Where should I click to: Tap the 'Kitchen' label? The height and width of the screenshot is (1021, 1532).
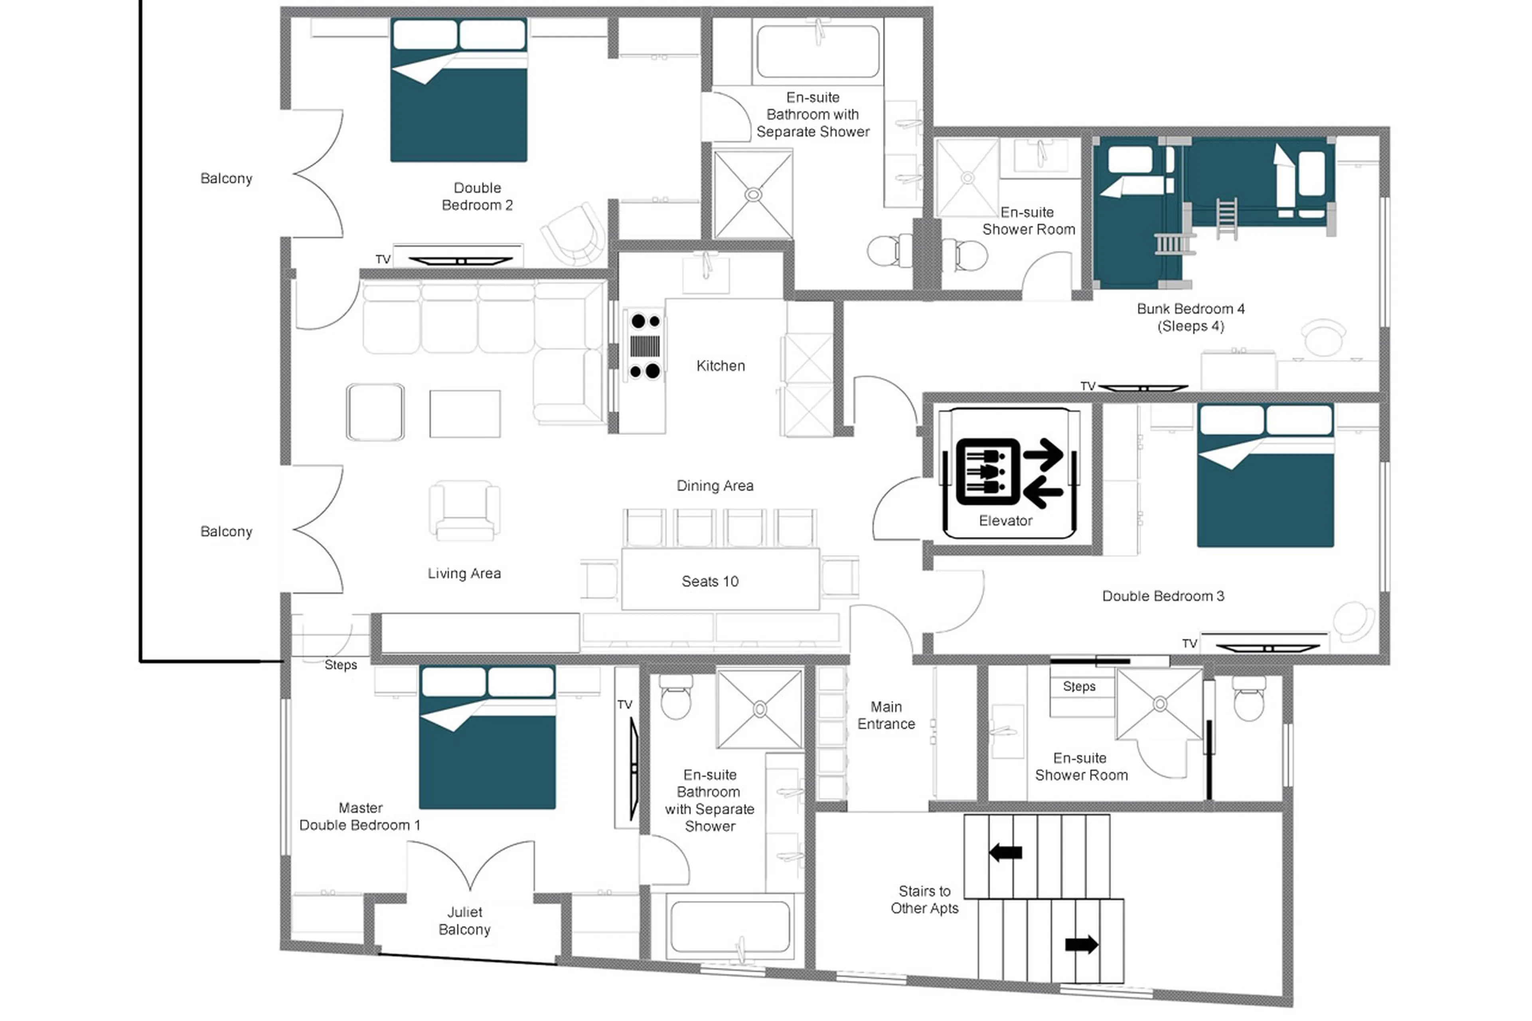720,366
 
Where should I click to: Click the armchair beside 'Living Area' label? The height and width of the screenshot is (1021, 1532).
464,511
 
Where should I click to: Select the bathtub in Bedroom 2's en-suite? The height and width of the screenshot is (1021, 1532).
818,52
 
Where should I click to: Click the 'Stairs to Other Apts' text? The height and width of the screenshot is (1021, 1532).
924,899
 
